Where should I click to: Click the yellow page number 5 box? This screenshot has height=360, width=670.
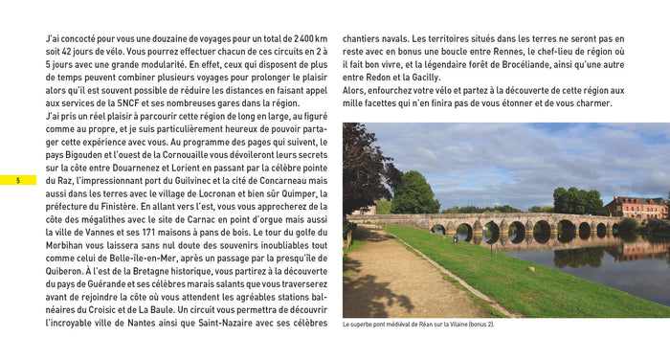[18, 180]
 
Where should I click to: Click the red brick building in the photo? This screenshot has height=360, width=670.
[635, 208]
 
